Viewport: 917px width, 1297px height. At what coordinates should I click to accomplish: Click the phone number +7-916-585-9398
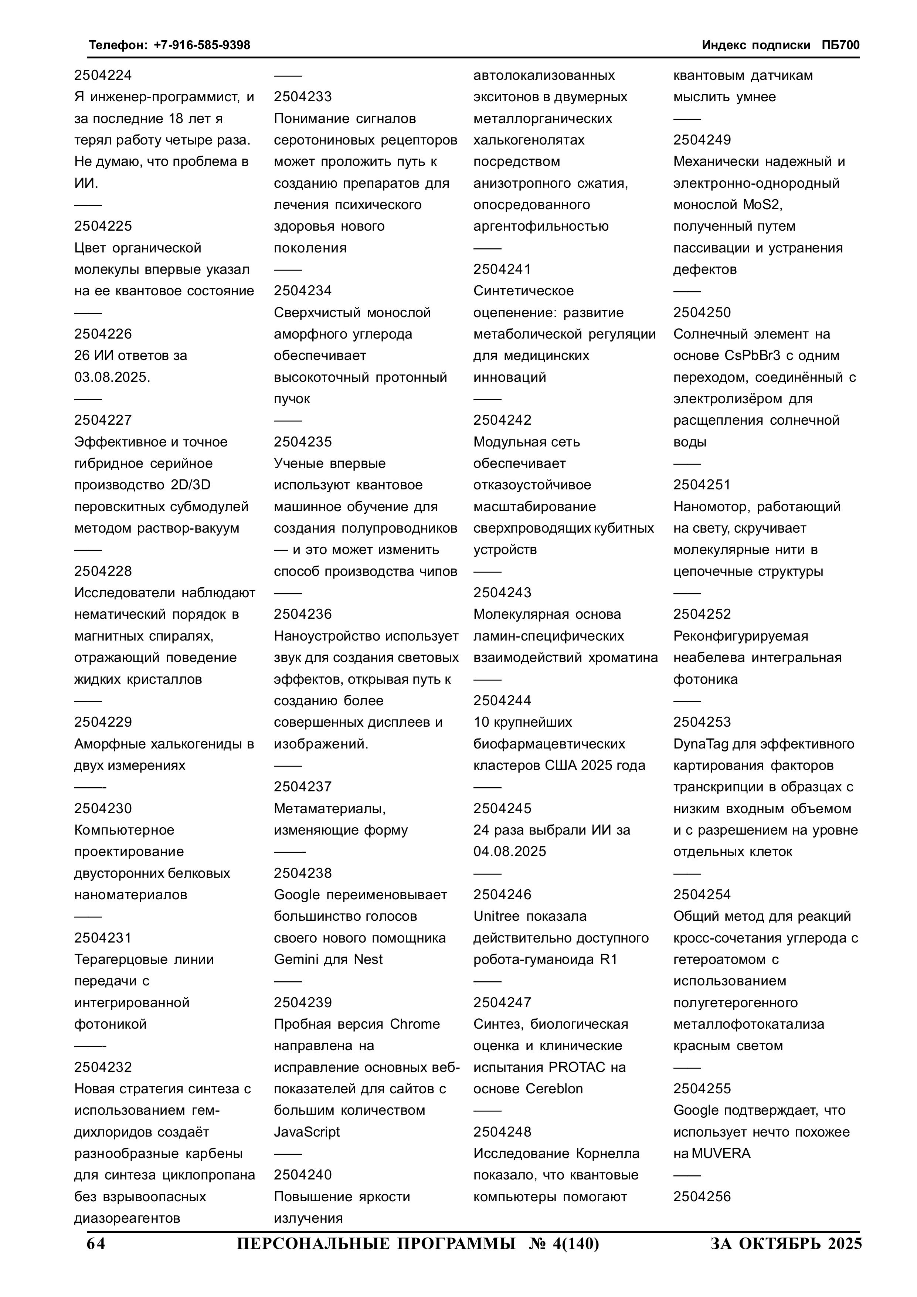[x=202, y=45]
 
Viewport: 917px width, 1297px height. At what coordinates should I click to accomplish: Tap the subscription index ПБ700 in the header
[x=840, y=45]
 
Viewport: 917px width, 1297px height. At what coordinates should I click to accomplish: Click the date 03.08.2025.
[x=112, y=377]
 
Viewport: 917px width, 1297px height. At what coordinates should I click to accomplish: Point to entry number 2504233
[x=303, y=96]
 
